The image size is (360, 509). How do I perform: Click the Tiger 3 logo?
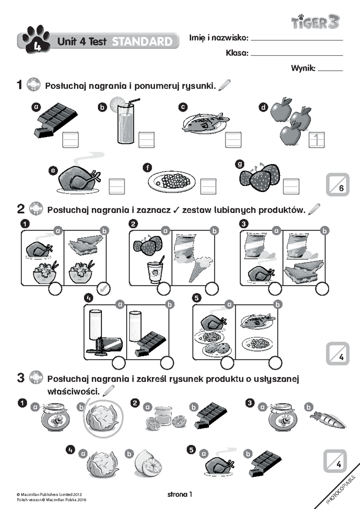[315, 22]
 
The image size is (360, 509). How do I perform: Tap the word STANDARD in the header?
[142, 42]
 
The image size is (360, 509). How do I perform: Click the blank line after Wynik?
[330, 69]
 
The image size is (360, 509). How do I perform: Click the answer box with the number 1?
[316, 140]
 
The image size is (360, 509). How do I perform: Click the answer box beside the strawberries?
[291, 186]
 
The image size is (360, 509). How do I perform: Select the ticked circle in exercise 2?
[104, 289]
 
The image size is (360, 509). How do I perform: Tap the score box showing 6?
[337, 185]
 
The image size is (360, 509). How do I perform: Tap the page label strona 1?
[179, 494]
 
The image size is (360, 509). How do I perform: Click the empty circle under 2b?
[212, 289]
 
